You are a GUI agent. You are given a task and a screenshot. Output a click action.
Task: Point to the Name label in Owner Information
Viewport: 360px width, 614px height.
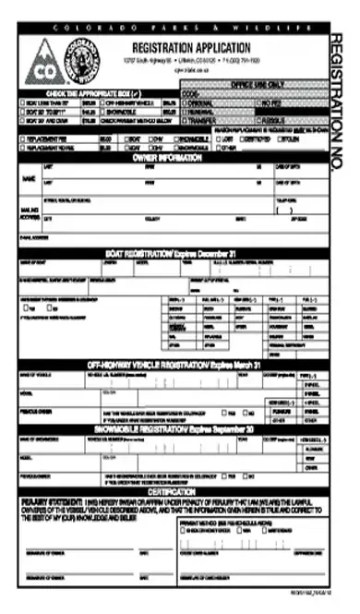coord(28,177)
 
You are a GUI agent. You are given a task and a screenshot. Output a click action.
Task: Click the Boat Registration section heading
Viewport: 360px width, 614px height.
coord(172,251)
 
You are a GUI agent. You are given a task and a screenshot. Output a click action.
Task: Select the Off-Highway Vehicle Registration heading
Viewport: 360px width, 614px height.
coord(172,367)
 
